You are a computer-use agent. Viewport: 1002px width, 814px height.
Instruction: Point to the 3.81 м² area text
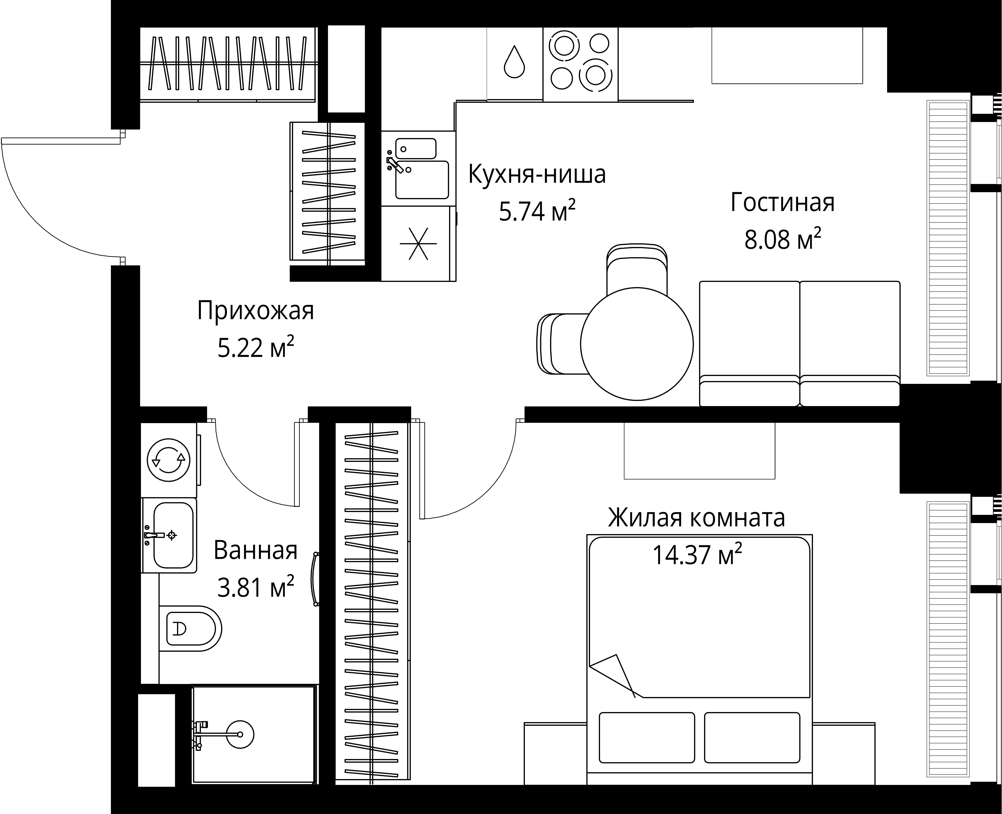click(255, 587)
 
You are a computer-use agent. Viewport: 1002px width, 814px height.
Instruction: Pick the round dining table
click(636, 344)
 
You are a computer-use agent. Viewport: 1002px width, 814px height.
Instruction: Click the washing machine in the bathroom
click(169, 460)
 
